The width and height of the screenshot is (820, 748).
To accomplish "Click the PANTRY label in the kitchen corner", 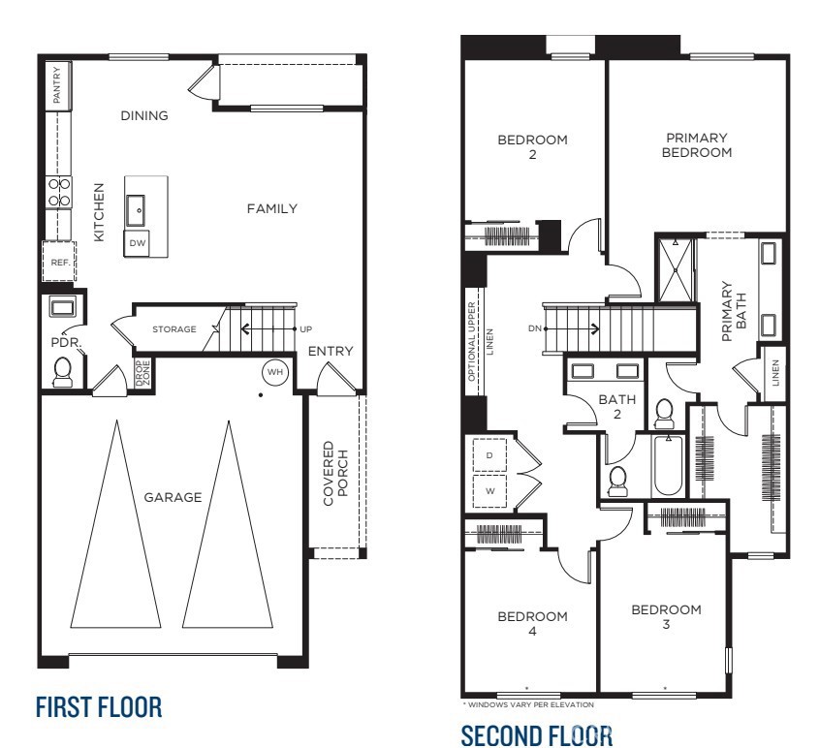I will tap(57, 85).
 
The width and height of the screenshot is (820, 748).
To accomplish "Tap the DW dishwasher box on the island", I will tap(138, 243).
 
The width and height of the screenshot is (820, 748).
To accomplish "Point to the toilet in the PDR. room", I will tap(64, 372).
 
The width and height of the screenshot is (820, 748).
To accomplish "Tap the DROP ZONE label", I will tap(142, 374).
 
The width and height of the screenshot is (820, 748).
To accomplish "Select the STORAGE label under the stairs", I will tap(174, 329).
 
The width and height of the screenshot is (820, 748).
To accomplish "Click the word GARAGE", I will tap(173, 498).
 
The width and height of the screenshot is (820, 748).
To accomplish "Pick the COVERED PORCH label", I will tap(334, 475).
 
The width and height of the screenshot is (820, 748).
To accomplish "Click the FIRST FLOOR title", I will tap(99, 706).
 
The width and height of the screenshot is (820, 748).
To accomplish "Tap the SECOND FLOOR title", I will tap(536, 734).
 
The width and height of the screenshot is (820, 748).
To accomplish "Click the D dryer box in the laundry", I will tap(489, 455).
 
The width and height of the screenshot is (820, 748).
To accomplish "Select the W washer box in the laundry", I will tap(489, 490).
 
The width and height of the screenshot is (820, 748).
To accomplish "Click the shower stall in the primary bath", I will tap(676, 268).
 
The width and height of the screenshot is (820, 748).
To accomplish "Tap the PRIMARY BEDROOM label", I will tap(697, 145).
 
